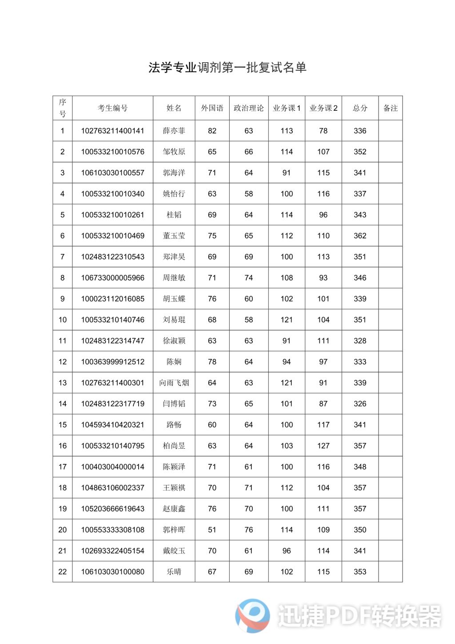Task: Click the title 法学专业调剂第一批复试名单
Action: pyautogui.click(x=227, y=68)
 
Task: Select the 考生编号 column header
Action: pyautogui.click(x=112, y=108)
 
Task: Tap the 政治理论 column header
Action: pyautogui.click(x=248, y=108)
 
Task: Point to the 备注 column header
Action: pyautogui.click(x=390, y=108)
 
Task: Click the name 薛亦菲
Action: pyautogui.click(x=174, y=131)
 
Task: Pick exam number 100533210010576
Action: pyautogui.click(x=112, y=152)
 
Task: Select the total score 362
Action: pyautogui.click(x=360, y=236)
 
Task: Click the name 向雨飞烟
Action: pyautogui.click(x=174, y=383)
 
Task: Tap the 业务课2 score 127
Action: pyautogui.click(x=323, y=446)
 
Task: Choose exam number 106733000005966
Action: pyautogui.click(x=112, y=278)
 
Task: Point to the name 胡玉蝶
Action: pyautogui.click(x=174, y=299)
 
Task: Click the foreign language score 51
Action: pyautogui.click(x=212, y=530)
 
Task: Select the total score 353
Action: pyautogui.click(x=360, y=572)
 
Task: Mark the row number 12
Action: pyautogui.click(x=63, y=362)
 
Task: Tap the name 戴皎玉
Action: pyautogui.click(x=174, y=551)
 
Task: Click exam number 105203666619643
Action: pyautogui.click(x=112, y=509)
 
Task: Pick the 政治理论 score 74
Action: pyautogui.click(x=248, y=278)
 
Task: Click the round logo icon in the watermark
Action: pyautogui.click(x=252, y=616)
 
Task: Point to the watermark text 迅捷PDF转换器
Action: pyautogui.click(x=359, y=616)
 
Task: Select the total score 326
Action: pyautogui.click(x=360, y=404)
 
